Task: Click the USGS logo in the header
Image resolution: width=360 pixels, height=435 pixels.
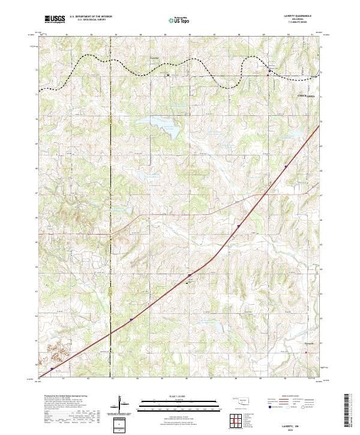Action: (55, 19)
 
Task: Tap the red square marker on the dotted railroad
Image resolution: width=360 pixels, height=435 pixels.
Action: (268, 75)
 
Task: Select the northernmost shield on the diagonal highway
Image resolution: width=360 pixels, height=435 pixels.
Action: (286, 167)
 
